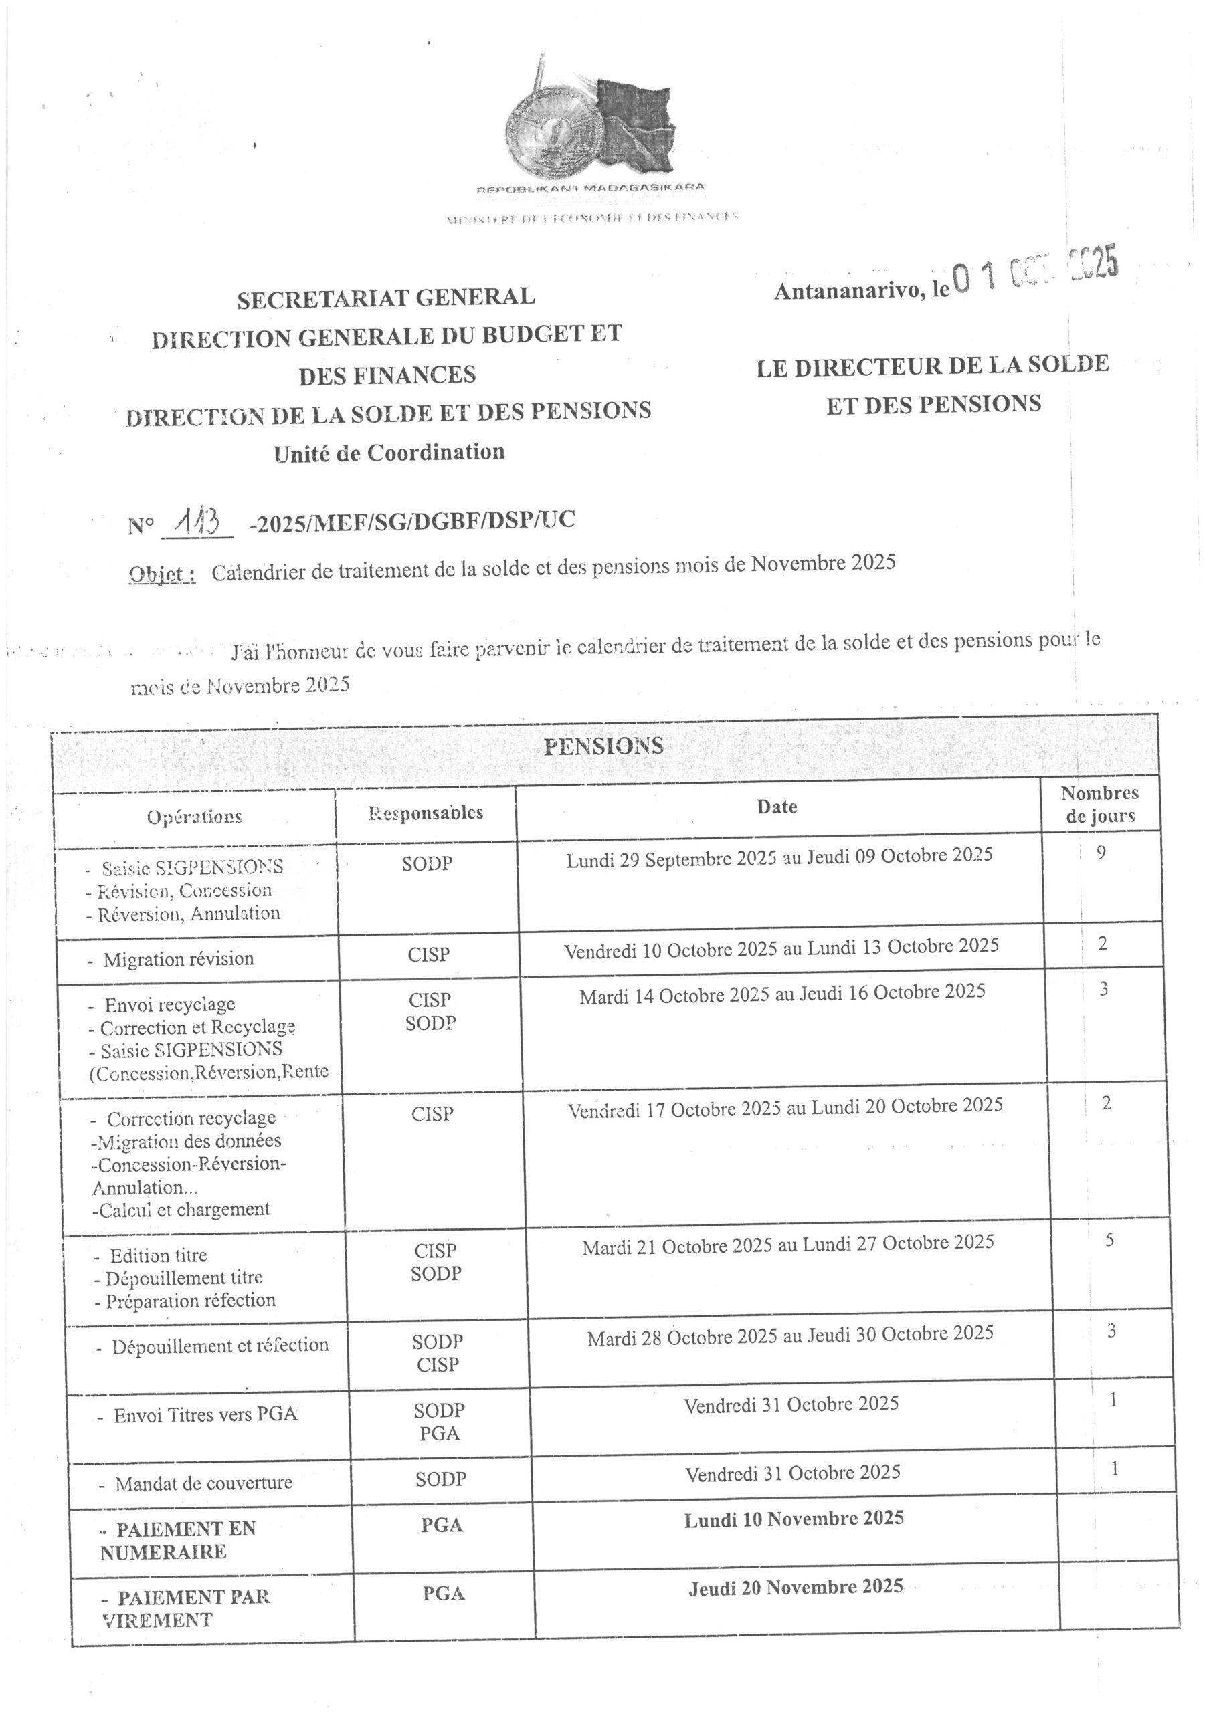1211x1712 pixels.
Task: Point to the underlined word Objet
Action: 163,576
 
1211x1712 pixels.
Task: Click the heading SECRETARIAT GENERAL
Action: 386,298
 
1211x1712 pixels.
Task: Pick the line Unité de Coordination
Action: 389,453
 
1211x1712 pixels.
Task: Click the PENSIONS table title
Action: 603,746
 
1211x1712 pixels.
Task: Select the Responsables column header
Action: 426,813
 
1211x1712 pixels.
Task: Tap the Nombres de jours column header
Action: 1100,804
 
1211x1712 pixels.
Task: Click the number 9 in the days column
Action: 1101,851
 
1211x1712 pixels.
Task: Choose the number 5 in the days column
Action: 1109,1240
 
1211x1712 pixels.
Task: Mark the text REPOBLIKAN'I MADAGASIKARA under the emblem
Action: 589,188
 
